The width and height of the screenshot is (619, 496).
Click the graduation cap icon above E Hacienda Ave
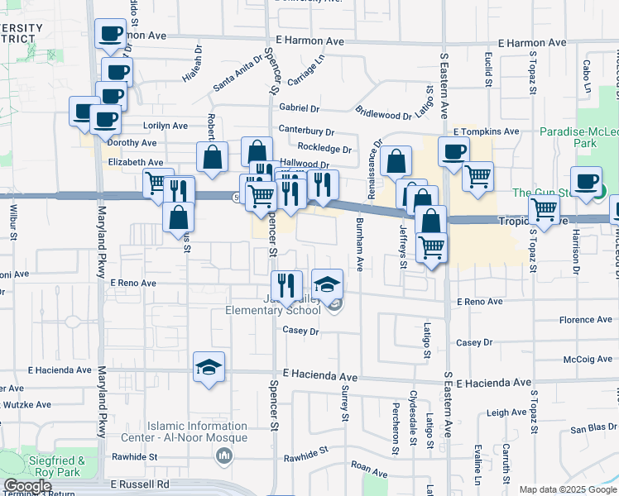click(x=209, y=367)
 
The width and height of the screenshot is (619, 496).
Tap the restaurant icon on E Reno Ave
click(x=286, y=286)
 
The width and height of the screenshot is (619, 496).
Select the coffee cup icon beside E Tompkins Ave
click(x=453, y=152)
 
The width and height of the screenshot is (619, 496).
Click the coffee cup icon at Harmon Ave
click(x=110, y=36)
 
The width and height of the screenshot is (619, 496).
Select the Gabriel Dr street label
click(x=300, y=108)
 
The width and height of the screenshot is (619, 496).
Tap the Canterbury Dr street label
click(x=306, y=131)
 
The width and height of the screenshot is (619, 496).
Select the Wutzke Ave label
click(x=28, y=405)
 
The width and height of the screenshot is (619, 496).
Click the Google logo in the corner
click(x=26, y=486)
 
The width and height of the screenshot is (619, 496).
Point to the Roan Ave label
click(x=369, y=465)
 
